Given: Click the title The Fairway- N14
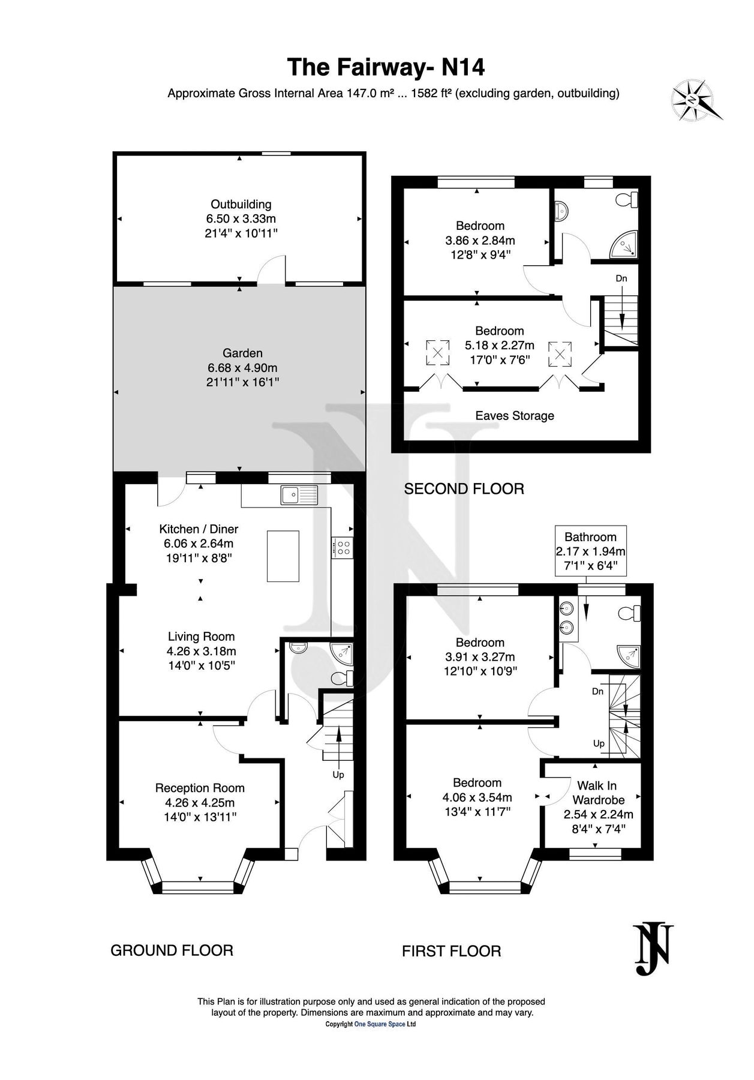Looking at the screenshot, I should point(386,68).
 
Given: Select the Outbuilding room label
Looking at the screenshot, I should point(241,205).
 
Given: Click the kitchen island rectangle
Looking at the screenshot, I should point(283,556).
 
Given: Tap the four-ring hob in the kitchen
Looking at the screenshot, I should point(344,547).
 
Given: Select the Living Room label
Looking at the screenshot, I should point(201,637).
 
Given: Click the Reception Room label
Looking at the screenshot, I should point(200,788).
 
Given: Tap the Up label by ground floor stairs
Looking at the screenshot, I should point(338,775).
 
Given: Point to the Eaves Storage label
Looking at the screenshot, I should point(515,416).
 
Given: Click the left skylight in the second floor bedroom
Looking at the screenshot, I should point(438,352).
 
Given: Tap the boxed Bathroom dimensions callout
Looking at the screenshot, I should point(590,551).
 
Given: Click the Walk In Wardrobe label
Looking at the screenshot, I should point(598,793).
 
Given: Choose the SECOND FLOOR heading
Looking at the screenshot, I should point(464,489).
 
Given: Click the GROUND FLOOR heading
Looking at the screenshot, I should point(172,950).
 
